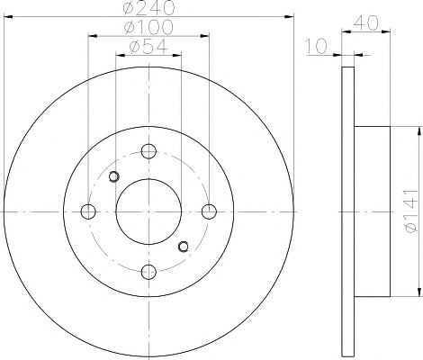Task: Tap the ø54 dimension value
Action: (148, 47)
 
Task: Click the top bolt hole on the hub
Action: (148, 151)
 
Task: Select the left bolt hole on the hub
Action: (88, 211)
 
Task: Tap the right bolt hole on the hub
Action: (209, 211)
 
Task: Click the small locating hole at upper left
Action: (113, 176)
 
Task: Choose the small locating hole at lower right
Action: (184, 247)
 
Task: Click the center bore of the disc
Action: (148, 211)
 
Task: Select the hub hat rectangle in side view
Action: (373, 211)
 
